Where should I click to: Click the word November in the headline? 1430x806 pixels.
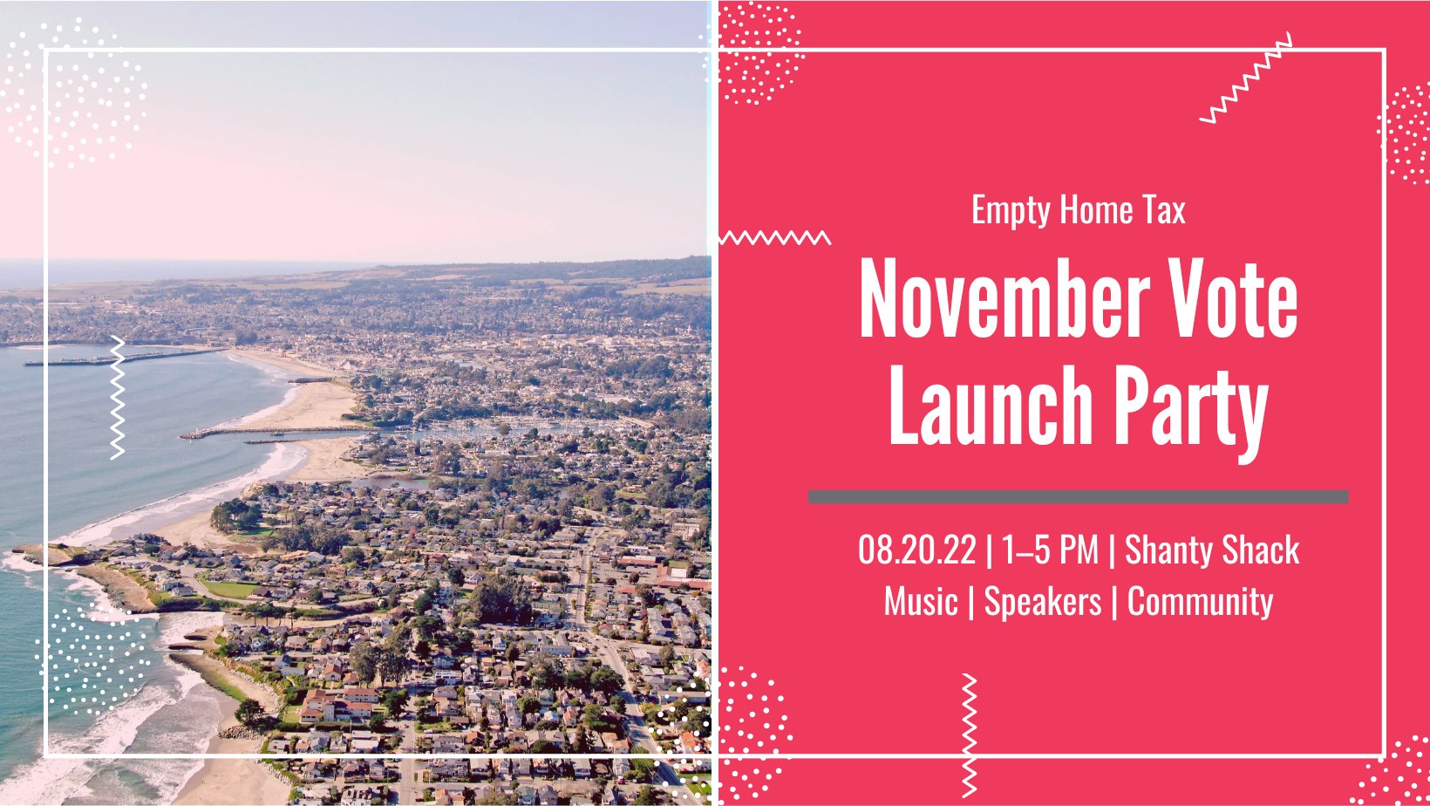tap(1004, 298)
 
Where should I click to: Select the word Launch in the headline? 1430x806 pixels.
tap(991, 406)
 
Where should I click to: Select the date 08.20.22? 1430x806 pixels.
tap(916, 550)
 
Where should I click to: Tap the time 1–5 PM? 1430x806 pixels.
tap(1050, 550)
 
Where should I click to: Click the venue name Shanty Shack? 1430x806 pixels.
tap(1212, 550)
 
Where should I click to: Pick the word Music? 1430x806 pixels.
tap(921, 602)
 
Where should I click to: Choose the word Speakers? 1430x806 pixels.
tap(1043, 603)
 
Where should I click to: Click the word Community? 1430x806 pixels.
tap(1200, 603)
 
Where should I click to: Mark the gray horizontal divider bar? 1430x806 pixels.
tap(1079, 497)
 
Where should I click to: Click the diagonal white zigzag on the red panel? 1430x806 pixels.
tap(1245, 78)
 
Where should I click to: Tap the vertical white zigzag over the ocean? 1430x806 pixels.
tap(118, 397)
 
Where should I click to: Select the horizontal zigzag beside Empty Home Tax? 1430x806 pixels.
tap(775, 237)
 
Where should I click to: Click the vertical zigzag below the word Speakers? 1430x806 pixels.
tap(969, 735)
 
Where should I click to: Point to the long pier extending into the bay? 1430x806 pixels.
tap(126, 358)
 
